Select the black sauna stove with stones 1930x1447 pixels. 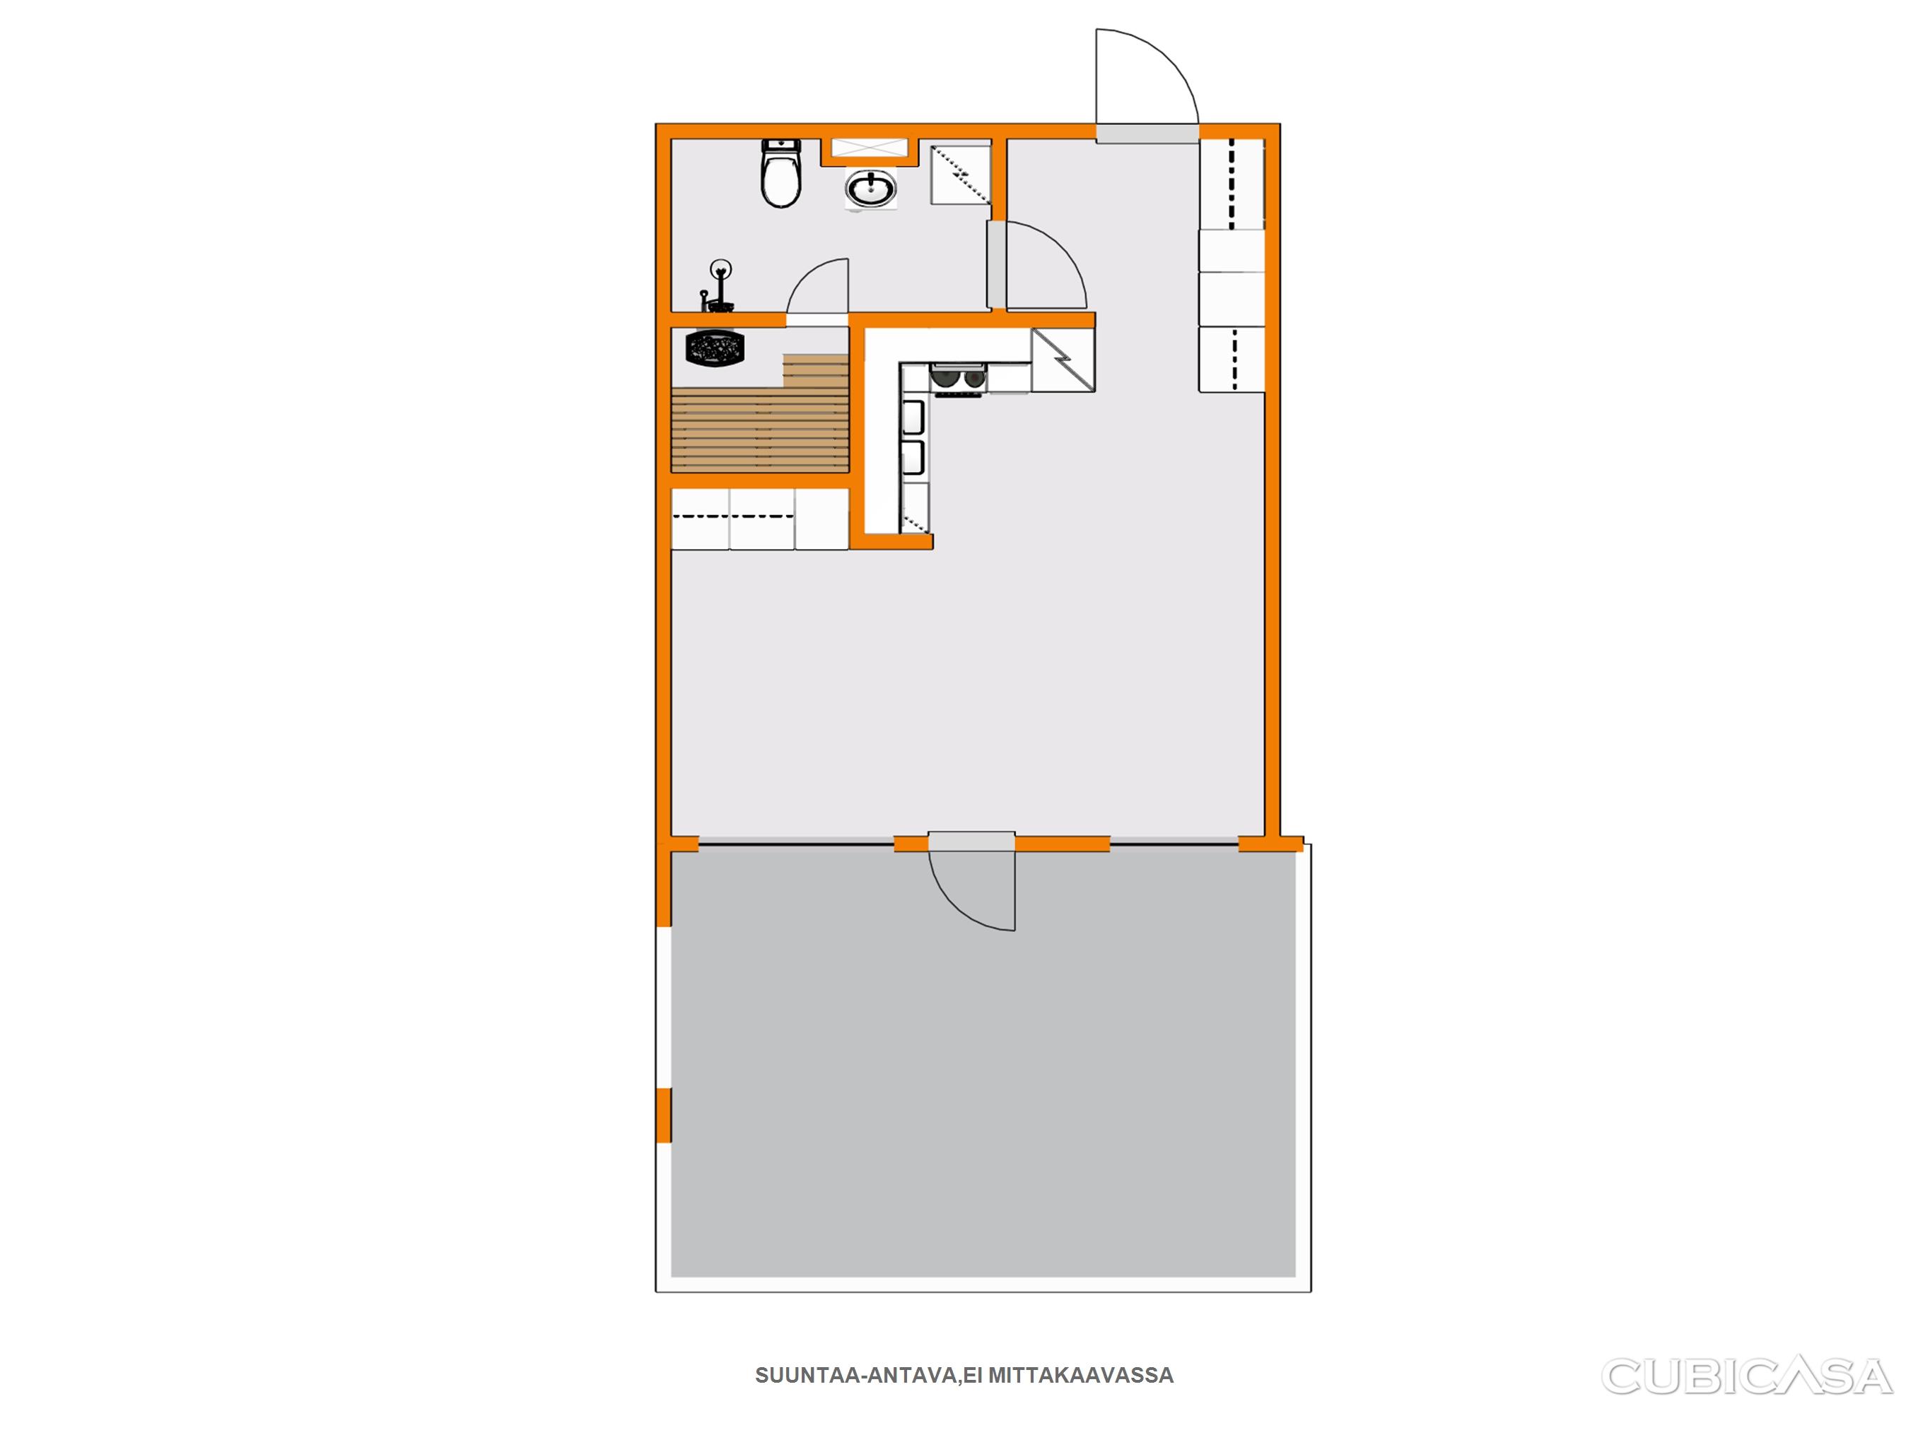[715, 348]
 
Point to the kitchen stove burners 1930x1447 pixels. [958, 379]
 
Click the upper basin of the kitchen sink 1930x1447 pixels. [913, 417]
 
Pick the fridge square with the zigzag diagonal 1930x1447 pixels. [1063, 360]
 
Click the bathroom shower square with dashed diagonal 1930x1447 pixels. [961, 175]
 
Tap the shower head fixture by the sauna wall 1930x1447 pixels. [719, 286]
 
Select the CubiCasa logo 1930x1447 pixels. [1747, 1376]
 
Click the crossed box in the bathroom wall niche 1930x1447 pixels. [869, 148]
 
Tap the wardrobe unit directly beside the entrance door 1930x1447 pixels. [1231, 183]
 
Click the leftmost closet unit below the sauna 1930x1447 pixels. [700, 519]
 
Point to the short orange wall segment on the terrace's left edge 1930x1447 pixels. [663, 1115]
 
